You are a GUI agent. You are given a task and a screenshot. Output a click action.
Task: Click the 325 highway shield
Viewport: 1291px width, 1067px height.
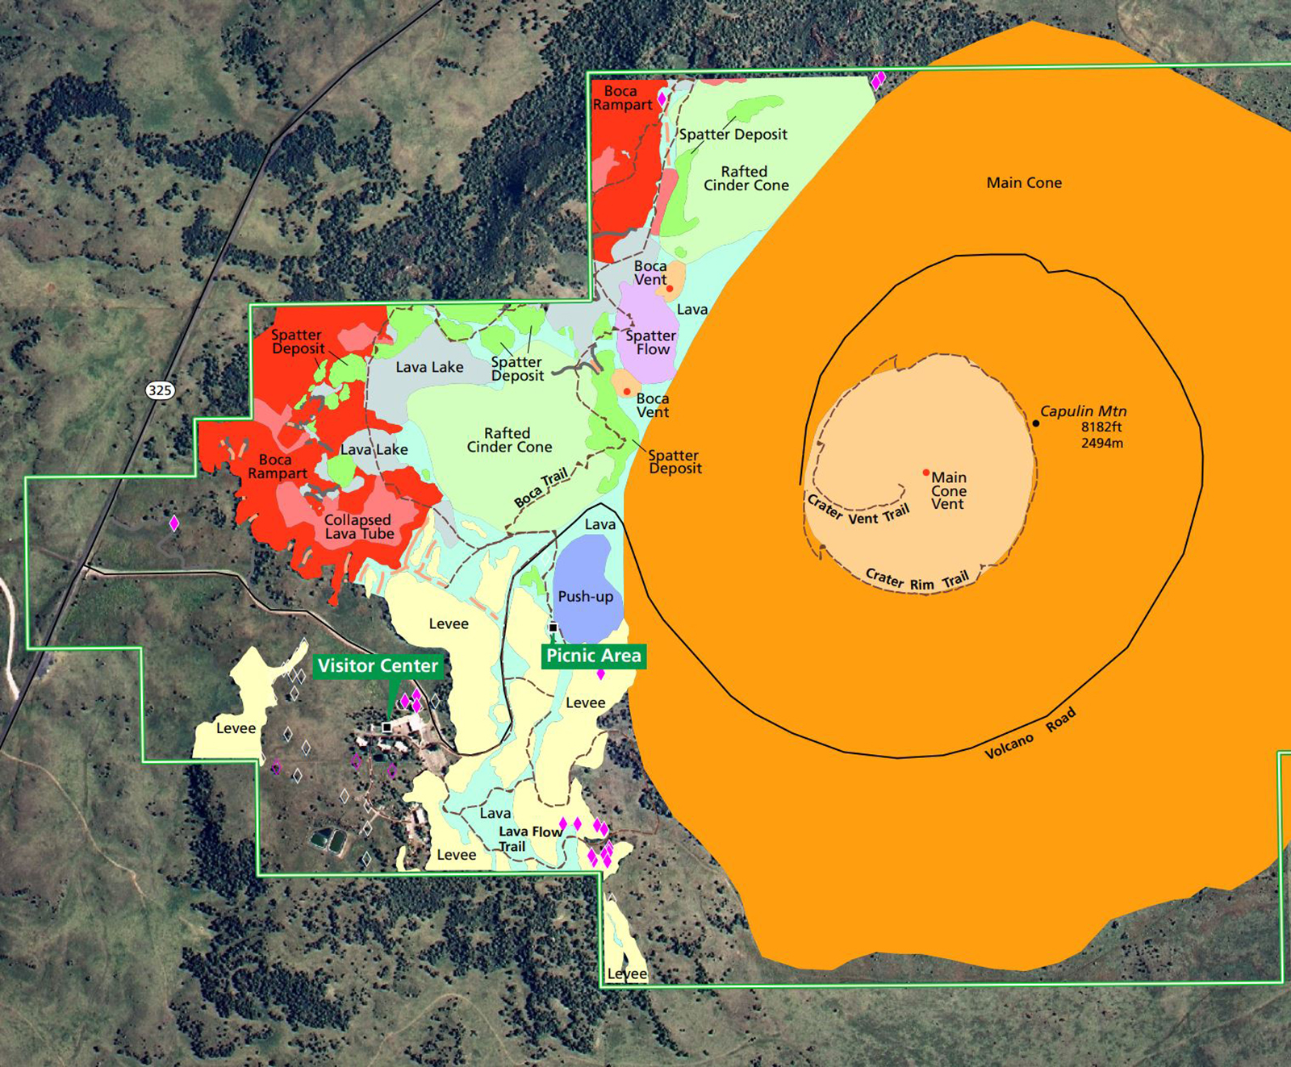(160, 390)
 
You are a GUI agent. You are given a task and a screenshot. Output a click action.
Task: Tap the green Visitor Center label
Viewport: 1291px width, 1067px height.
(378, 666)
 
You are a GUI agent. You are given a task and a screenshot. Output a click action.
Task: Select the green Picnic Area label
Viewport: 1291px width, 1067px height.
(594, 656)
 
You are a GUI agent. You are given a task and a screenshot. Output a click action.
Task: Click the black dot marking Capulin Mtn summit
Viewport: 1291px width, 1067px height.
(1036, 423)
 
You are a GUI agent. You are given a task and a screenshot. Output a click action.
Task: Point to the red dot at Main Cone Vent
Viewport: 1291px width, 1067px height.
(926, 473)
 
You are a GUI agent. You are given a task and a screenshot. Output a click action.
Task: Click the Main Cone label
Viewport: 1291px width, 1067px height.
(1024, 183)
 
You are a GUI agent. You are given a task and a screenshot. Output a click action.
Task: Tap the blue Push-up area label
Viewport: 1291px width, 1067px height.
(586, 597)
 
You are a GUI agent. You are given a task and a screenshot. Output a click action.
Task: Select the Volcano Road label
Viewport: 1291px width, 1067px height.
(1030, 734)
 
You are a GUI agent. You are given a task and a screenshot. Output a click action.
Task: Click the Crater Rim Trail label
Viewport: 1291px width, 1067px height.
(917, 580)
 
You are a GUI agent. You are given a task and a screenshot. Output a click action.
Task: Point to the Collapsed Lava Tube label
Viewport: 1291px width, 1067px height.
(359, 527)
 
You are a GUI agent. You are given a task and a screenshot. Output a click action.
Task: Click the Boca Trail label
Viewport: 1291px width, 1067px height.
(541, 489)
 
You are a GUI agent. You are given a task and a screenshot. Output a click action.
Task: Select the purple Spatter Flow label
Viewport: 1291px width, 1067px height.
(651, 343)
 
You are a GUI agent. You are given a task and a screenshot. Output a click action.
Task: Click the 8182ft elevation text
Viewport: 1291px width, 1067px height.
(1101, 427)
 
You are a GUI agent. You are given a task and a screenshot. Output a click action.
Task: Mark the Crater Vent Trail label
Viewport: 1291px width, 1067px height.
(859, 512)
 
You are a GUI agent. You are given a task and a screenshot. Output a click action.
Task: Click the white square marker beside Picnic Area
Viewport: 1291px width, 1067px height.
(554, 627)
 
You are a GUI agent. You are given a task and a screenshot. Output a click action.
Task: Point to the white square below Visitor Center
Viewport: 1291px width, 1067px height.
(386, 727)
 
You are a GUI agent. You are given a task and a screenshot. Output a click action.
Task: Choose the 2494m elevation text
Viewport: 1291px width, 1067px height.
(1102, 443)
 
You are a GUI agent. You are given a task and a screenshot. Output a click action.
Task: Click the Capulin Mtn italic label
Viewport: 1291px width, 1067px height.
(1083, 411)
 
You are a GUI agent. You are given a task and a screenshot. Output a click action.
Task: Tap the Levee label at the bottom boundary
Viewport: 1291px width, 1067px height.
(627, 974)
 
